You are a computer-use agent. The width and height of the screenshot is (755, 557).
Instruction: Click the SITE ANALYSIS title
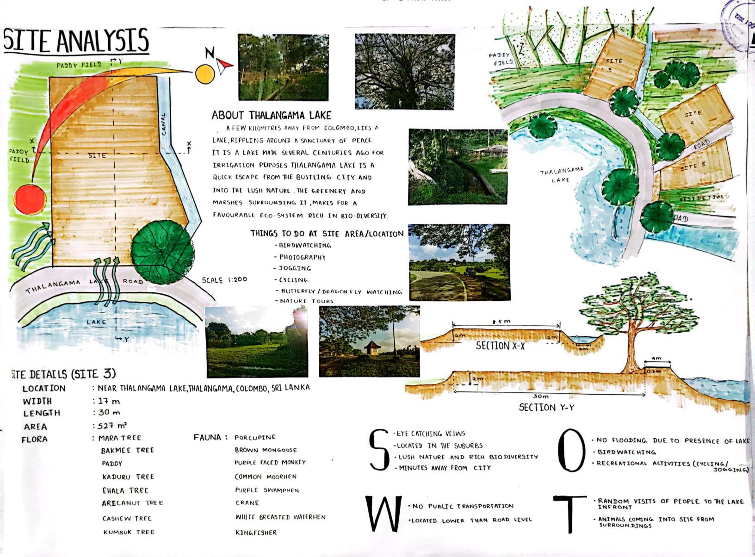click(x=76, y=41)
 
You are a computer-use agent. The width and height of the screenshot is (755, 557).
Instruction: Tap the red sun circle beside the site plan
click(x=31, y=199)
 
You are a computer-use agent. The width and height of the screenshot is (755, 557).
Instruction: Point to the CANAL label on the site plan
click(x=164, y=124)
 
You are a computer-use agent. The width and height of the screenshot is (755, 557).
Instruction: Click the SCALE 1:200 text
click(x=224, y=280)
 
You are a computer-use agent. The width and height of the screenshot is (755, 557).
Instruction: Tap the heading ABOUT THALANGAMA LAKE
click(x=272, y=115)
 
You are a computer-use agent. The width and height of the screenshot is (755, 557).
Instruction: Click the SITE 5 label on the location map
click(x=693, y=167)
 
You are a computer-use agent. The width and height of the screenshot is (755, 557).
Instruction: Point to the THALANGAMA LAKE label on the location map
click(x=561, y=175)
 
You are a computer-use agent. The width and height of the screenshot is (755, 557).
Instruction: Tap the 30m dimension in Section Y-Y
click(x=540, y=396)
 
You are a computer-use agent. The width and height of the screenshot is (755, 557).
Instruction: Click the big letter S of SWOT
click(x=378, y=450)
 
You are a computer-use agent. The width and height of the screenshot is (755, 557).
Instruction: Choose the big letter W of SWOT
click(x=382, y=514)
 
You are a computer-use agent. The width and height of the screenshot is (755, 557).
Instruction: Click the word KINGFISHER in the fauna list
click(x=256, y=532)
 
